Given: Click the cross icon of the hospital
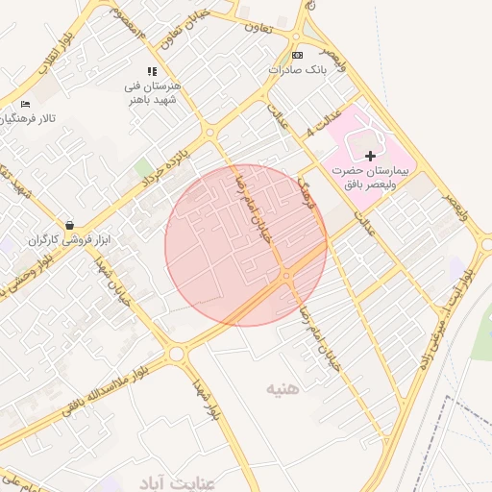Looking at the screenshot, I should click(x=370, y=155).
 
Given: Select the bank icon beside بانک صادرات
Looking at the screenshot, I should click(x=296, y=55).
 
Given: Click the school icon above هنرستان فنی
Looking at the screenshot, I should click(x=151, y=71).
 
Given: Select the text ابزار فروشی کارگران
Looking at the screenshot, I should click(x=63, y=238).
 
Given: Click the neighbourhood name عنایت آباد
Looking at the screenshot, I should click(x=154, y=480).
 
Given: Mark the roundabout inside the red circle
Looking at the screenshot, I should click(x=286, y=277).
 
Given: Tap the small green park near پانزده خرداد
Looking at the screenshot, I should click(x=144, y=168).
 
